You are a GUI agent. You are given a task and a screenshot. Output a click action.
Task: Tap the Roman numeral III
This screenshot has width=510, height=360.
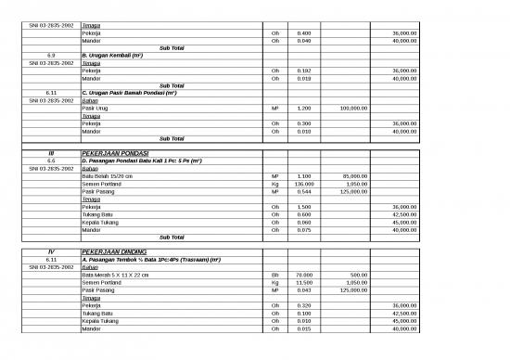51,153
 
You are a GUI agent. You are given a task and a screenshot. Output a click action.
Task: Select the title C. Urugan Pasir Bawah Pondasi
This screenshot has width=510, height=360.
129,93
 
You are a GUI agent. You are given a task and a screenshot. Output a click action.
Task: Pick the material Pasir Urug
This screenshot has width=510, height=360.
96,108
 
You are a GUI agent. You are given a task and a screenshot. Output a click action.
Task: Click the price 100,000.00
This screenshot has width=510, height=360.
354,108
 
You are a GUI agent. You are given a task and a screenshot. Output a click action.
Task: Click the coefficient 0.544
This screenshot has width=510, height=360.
304,191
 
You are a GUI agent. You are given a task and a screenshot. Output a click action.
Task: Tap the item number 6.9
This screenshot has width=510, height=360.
51,55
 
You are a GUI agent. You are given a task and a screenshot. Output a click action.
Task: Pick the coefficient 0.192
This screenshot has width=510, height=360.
304,71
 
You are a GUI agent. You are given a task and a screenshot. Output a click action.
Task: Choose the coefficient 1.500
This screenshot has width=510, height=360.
304,207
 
